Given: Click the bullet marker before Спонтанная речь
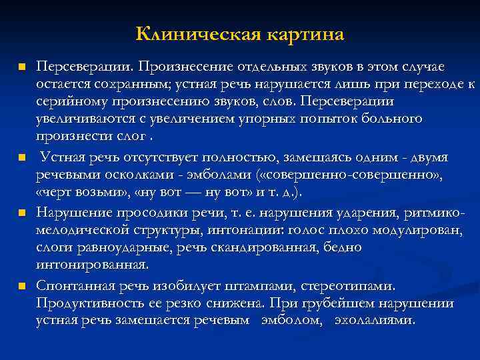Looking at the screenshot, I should [21, 287].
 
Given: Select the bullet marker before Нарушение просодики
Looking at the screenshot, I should [21, 213].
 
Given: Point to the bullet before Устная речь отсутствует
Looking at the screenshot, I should [21, 159].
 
